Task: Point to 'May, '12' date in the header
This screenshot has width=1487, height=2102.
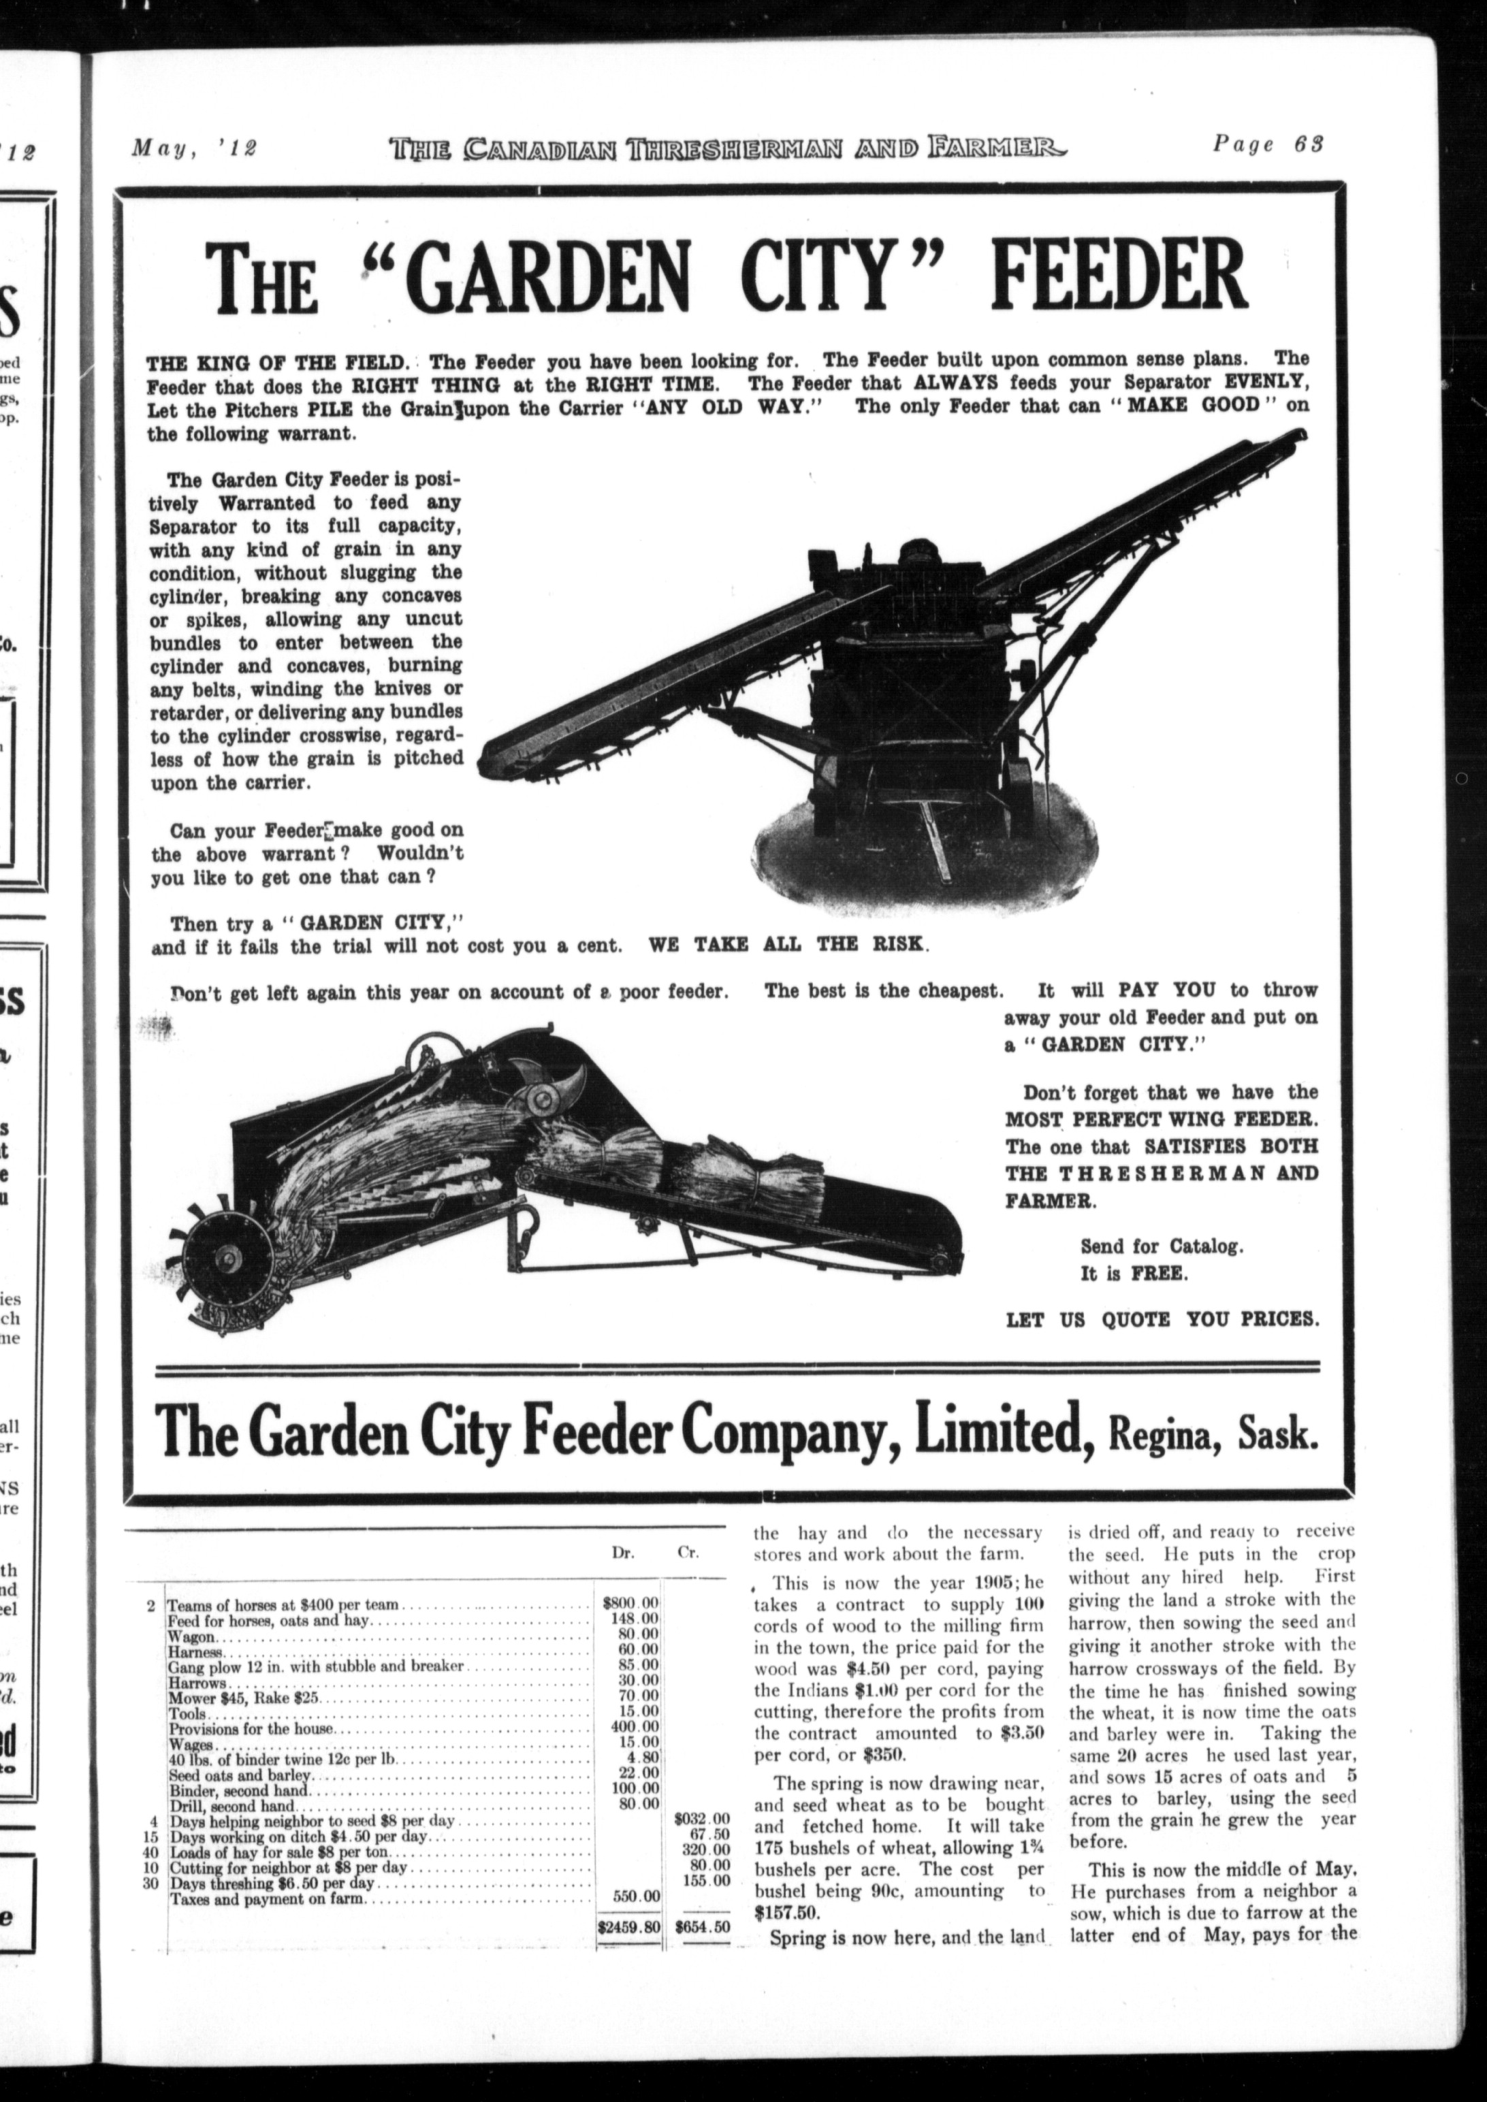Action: pyautogui.click(x=194, y=146)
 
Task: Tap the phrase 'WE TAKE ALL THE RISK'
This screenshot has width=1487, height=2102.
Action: pyautogui.click(x=788, y=945)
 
